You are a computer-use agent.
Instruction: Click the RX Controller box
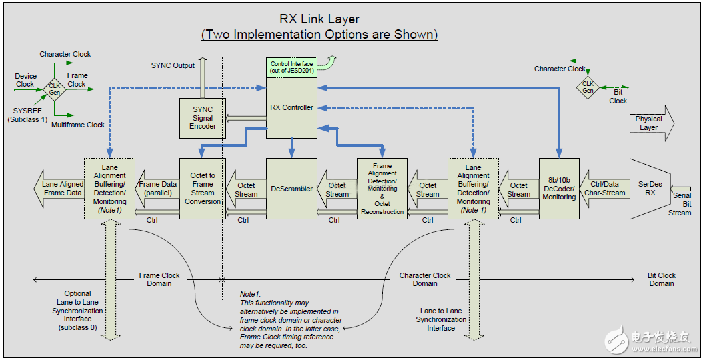(x=291, y=108)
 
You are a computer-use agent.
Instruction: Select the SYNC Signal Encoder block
(x=203, y=118)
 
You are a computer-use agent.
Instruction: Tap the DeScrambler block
(x=291, y=189)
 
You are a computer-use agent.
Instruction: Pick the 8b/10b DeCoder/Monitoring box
(x=559, y=189)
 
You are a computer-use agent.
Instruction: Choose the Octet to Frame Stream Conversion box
(x=203, y=189)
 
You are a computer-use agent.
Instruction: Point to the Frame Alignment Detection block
(x=382, y=189)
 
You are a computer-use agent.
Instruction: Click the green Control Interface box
(x=291, y=67)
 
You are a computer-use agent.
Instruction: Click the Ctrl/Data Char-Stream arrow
(x=604, y=189)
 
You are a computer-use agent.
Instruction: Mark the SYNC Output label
(x=173, y=65)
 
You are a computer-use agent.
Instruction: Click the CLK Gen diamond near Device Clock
(x=54, y=89)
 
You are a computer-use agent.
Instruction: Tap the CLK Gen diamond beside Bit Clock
(x=588, y=87)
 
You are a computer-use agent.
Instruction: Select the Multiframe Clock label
(x=78, y=125)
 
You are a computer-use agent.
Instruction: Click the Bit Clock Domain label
(x=661, y=279)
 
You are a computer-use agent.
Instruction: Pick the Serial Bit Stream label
(x=681, y=204)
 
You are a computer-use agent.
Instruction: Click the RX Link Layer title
(x=319, y=20)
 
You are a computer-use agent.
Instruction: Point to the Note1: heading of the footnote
(x=251, y=293)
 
